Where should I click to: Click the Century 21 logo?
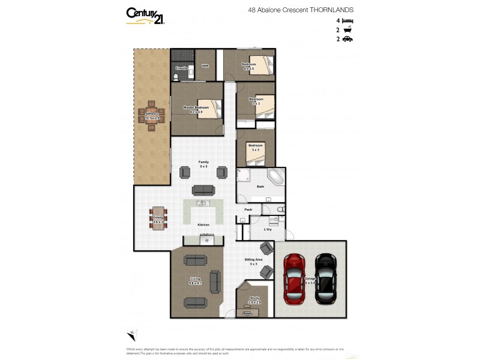145,15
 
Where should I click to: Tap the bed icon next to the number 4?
348,20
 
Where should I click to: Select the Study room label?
254,300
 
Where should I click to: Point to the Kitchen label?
203,224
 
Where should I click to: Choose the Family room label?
204,163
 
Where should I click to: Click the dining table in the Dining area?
158,219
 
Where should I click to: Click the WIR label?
205,65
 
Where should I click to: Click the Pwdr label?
248,209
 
